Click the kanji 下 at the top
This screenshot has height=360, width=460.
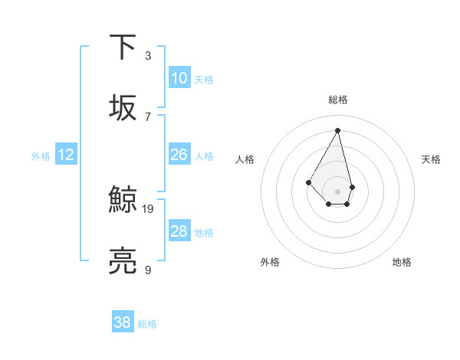pos(123,47)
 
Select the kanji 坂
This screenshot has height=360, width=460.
pos(123,106)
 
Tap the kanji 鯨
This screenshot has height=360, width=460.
pos(123,200)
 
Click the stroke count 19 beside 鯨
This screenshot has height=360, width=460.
pos(149,208)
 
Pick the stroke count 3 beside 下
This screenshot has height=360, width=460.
pos(148,56)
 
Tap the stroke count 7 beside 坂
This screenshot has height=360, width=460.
pos(148,116)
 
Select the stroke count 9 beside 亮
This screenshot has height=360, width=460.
pos(148,269)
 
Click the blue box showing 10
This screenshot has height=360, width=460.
pos(179,78)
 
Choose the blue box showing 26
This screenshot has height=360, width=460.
pos(179,155)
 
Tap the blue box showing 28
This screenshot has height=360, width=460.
pos(179,231)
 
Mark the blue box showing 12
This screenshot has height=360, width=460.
pos(66,155)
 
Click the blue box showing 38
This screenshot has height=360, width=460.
pos(123,322)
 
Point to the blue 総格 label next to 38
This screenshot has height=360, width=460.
pos(147,324)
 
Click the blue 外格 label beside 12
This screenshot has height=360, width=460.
pos(41,156)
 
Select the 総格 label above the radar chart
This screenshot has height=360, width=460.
pos(337,100)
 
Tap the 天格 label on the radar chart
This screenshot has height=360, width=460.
pos(431,159)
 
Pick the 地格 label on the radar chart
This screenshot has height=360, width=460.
pos(402,262)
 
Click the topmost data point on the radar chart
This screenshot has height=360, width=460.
pos(337,130)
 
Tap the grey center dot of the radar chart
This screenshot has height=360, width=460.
pos(337,191)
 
